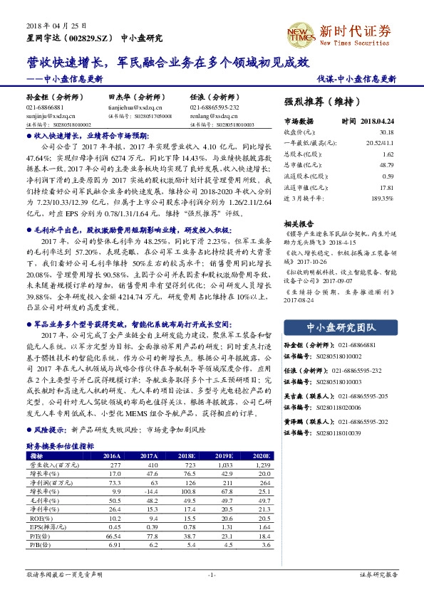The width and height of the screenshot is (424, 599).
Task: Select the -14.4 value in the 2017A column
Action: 149,491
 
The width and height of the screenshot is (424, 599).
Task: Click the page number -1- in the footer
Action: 212,573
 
